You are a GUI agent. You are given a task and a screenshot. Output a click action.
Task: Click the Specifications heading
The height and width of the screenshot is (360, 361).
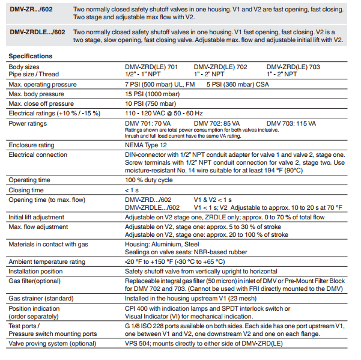pos(31,56)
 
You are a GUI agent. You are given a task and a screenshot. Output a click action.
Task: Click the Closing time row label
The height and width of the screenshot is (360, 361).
pos(26,190)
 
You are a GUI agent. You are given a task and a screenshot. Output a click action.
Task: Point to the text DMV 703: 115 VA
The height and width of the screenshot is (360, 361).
pos(292,123)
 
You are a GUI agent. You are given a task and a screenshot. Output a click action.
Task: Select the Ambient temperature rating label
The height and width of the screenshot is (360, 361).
pos(47,261)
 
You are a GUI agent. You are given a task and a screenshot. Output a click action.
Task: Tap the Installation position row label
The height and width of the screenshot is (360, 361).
pos(37,271)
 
